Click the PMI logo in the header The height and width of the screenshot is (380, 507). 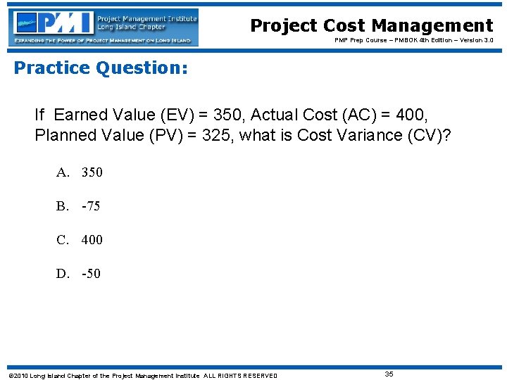(x=53, y=23)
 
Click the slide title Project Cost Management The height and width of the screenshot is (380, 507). (x=371, y=26)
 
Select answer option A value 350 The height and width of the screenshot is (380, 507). (x=92, y=172)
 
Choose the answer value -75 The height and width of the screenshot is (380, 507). (x=91, y=206)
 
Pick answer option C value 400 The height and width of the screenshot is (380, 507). (x=92, y=240)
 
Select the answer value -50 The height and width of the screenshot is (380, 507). (x=91, y=274)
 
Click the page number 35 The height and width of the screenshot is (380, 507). (x=389, y=374)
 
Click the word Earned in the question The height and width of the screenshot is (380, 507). (x=80, y=115)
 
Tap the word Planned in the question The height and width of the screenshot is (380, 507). (x=64, y=135)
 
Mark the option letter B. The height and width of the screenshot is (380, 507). (x=63, y=206)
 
